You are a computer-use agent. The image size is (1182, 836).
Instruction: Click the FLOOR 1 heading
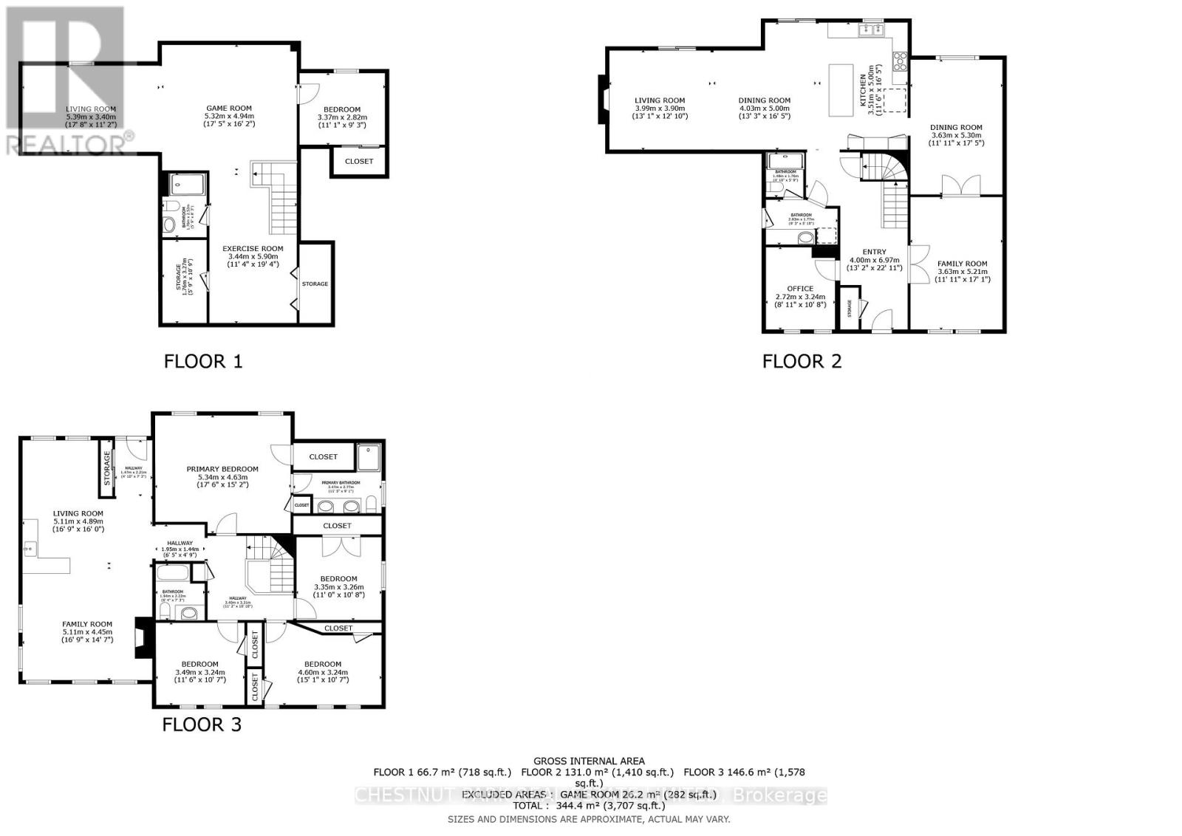pos(202,361)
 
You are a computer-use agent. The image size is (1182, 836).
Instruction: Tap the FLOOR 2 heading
pos(802,361)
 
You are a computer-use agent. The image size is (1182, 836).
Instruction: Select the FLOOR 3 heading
pos(202,724)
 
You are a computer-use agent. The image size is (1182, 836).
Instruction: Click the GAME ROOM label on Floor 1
pos(228,109)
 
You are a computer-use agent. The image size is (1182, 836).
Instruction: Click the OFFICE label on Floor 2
pos(799,289)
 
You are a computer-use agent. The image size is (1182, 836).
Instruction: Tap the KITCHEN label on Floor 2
pos(862,89)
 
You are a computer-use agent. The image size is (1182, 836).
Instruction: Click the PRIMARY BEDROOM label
pos(222,469)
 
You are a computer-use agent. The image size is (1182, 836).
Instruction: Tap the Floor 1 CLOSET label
pos(359,161)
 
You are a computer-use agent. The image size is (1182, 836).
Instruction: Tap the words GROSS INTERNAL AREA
pos(589,761)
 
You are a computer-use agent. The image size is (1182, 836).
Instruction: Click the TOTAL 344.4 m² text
pos(589,806)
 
